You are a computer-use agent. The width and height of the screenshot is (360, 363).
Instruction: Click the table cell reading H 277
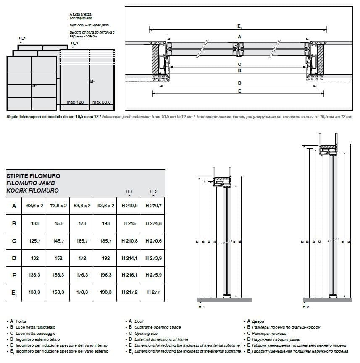pos(153,292)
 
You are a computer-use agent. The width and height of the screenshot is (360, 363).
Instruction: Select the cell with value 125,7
pos(35,241)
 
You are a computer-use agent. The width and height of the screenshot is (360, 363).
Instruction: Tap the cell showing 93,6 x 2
pos(105,206)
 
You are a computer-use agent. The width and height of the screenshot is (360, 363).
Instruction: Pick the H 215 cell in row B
pos(129,224)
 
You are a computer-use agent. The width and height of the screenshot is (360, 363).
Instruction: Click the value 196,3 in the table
pos(105,275)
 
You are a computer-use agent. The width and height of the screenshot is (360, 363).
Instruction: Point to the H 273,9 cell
pos(153,258)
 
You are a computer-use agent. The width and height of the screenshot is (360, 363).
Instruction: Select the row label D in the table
pos(14,258)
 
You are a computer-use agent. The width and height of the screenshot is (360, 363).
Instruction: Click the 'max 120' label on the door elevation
pos(75,102)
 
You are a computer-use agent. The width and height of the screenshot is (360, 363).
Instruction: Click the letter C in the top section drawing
pos(239,64)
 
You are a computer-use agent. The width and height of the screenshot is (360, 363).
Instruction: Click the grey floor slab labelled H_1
pos(224,299)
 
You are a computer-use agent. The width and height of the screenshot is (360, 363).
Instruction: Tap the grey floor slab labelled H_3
pos(327,299)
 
